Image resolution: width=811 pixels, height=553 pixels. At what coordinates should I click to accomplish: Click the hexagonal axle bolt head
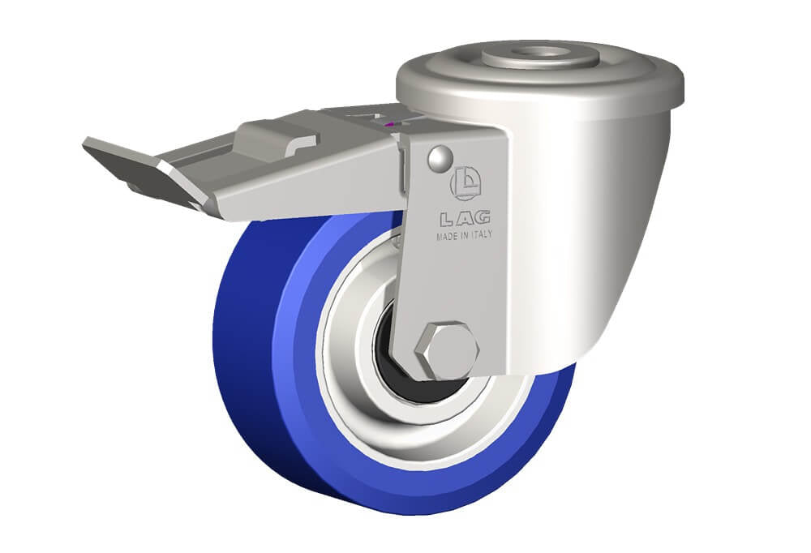447,351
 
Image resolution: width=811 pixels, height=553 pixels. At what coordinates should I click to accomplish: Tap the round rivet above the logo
440,159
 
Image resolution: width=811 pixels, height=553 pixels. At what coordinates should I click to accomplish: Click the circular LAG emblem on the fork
466,183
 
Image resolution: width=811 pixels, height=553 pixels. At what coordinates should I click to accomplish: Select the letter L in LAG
447,220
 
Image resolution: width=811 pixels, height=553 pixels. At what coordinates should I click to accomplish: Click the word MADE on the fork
447,237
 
